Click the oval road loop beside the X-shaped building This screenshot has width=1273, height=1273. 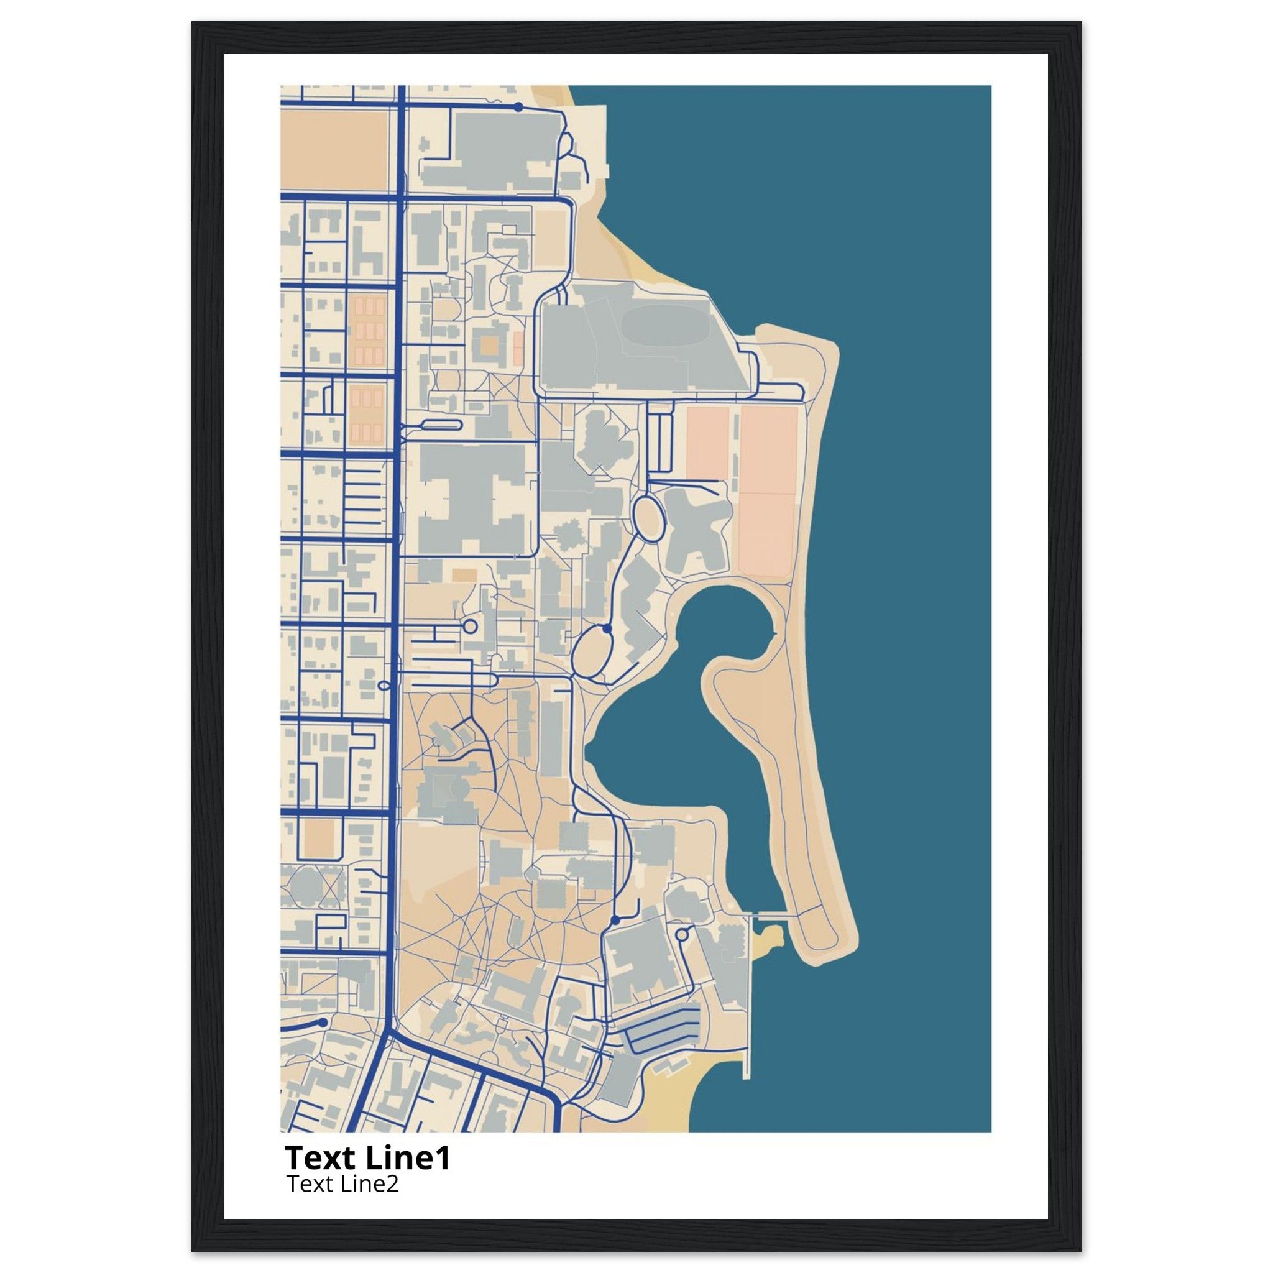tap(648, 518)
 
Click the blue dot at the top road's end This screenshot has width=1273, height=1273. tap(518, 107)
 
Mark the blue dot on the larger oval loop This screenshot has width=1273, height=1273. tap(606, 629)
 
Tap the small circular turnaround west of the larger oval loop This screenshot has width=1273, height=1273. tap(470, 625)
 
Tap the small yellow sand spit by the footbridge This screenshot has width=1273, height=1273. tap(768, 936)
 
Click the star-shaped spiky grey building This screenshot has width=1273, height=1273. tap(568, 535)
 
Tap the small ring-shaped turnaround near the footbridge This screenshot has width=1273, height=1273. tap(682, 934)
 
